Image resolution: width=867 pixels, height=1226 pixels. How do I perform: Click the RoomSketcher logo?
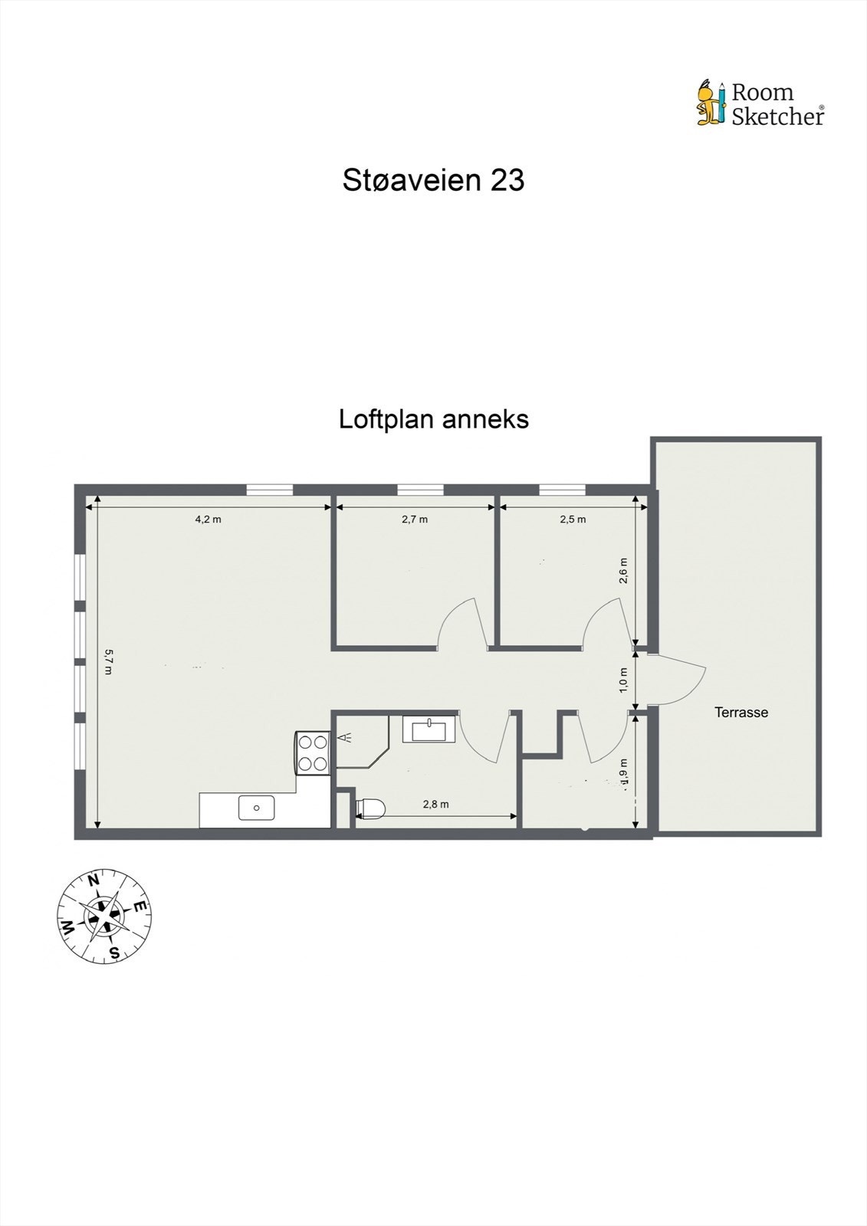pyautogui.click(x=760, y=103)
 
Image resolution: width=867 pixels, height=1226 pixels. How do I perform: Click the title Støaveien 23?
pyautogui.click(x=433, y=180)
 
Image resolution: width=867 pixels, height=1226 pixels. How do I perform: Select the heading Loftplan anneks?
pyautogui.click(x=434, y=419)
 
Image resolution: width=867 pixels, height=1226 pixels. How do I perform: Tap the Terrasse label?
pyautogui.click(x=741, y=713)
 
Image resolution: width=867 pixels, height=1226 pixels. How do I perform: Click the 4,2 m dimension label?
pyautogui.click(x=208, y=519)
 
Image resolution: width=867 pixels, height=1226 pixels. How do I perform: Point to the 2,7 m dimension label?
pyautogui.click(x=415, y=519)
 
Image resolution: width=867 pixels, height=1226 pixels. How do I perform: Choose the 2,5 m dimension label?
pyautogui.click(x=573, y=519)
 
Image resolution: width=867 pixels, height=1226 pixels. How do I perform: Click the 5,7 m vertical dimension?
pyautogui.click(x=109, y=662)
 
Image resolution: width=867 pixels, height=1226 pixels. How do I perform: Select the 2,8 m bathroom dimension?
pyautogui.click(x=435, y=804)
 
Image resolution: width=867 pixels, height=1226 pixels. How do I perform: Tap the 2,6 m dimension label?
pyautogui.click(x=624, y=571)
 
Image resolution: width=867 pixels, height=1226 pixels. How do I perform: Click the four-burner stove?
pyautogui.click(x=313, y=752)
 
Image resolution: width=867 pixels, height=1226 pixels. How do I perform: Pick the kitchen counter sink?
pyautogui.click(x=257, y=808)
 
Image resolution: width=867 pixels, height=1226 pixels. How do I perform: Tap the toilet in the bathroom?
pyautogui.click(x=369, y=809)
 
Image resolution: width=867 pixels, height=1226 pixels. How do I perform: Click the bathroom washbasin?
pyautogui.click(x=430, y=728)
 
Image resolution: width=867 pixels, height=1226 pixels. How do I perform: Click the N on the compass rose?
pyautogui.click(x=94, y=881)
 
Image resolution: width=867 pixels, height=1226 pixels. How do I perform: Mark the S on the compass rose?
pyautogui.click(x=113, y=952)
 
